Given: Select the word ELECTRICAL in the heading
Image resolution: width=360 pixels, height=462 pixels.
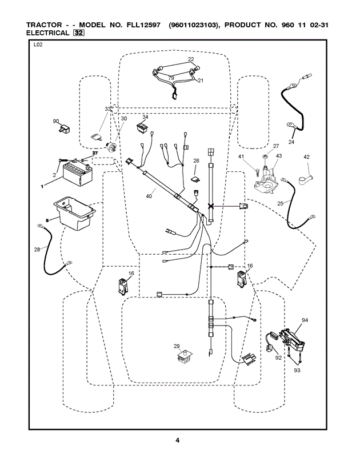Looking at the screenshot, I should point(48,33).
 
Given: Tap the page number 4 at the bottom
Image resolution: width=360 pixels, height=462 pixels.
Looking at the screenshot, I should point(178,440).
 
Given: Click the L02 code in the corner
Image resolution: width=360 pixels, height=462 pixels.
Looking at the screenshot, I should point(39,45).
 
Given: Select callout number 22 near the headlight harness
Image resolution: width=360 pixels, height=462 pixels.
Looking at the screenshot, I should point(191,59).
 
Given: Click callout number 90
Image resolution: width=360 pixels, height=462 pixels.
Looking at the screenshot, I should point(56,121).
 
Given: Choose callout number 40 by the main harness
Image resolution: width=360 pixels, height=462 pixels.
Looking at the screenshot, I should point(149,196).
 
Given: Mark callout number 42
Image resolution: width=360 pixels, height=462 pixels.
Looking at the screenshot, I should point(306,156).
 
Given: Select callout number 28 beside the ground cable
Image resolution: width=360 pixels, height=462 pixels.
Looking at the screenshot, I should point(37,249).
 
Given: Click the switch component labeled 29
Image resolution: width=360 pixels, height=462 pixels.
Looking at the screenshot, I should point(184,358).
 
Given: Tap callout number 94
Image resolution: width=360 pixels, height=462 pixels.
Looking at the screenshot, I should point(305,320).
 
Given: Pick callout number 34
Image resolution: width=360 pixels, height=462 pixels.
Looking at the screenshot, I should point(145,116).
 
